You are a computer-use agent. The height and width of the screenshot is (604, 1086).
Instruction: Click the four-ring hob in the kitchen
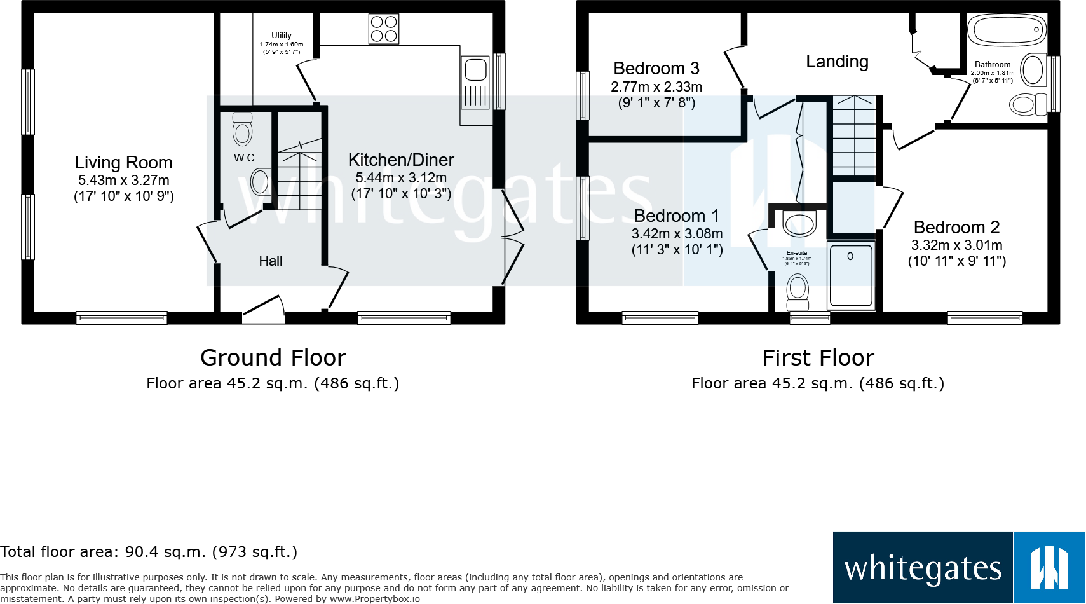[x=384, y=29]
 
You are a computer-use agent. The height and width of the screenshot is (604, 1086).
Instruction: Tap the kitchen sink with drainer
[x=475, y=83]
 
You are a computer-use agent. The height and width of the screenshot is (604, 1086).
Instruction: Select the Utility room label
[x=282, y=36]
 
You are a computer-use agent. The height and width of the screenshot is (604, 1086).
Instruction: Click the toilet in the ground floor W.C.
[x=243, y=130]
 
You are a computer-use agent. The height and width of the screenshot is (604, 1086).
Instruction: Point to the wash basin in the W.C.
[x=261, y=182]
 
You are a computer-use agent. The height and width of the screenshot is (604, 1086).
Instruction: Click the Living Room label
[x=123, y=163]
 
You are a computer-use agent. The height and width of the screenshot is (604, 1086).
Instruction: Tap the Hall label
[x=271, y=261]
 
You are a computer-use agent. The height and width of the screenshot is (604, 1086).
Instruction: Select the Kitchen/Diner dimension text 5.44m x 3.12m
[x=401, y=178]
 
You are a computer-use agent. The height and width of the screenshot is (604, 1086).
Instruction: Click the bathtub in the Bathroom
[x=1007, y=30]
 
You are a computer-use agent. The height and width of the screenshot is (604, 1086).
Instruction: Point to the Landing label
[x=837, y=62]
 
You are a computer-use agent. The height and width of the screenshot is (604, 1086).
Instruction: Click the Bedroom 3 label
[x=656, y=69]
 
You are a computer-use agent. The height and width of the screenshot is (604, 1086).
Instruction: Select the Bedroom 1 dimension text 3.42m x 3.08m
[x=677, y=234]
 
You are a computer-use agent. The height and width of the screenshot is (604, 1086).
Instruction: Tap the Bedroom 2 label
[x=956, y=228]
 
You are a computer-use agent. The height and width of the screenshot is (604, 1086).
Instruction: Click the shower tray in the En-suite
[x=851, y=275]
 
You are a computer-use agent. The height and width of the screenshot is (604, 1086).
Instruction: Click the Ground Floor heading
[x=273, y=358]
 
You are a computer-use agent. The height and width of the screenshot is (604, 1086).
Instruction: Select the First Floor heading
[x=818, y=358]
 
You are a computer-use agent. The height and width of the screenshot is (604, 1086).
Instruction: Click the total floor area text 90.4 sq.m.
[x=149, y=552]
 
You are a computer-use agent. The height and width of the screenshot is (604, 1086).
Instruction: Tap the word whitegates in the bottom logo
[x=923, y=568]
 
